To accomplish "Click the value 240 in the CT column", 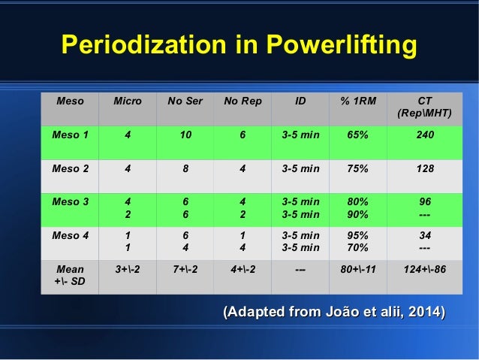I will (x=424, y=135).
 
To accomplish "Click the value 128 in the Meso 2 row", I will (x=424, y=169).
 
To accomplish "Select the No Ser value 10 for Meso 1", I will (x=185, y=135).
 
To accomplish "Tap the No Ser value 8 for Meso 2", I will (x=185, y=169).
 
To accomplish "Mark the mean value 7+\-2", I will (x=185, y=268).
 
